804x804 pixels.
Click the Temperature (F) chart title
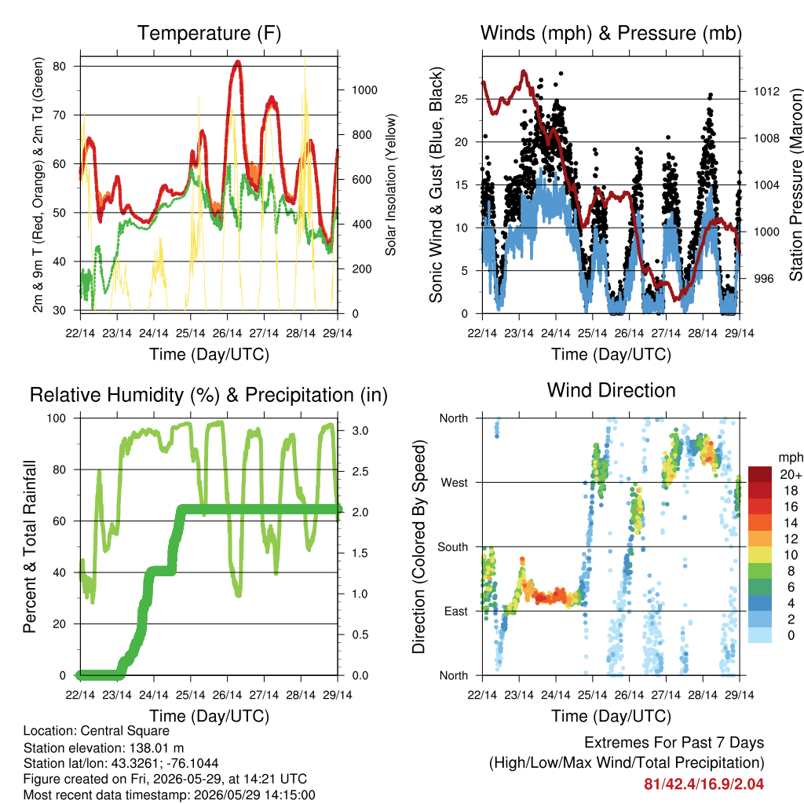pos(209,33)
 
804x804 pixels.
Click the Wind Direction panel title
pos(611,390)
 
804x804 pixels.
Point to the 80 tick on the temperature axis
pos(60,66)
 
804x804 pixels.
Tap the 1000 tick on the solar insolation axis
pos(364,90)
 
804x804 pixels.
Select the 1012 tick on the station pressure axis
pos(766,91)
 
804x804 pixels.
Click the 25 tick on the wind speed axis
pos(461,99)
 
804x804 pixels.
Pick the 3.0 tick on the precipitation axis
pos(360,431)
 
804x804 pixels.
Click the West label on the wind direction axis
pos(455,483)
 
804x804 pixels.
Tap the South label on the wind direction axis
pos(453,547)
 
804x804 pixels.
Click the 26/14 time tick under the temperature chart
pos(227,333)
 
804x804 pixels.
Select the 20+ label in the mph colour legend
pos(791,474)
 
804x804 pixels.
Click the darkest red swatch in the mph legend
pos(760,474)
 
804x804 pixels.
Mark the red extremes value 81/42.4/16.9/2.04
pos(704,784)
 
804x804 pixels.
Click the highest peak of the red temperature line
pos(237,63)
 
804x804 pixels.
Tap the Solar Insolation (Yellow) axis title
pos(391,185)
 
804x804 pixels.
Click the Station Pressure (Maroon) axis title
pos(796,185)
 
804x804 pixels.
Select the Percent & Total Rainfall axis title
pos(30,546)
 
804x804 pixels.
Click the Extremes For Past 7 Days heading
pos(674,743)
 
